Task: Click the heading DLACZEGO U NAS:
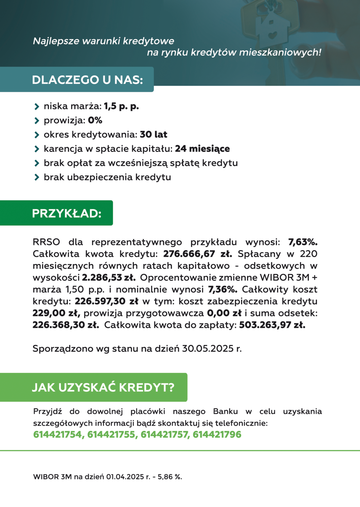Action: click(x=88, y=80)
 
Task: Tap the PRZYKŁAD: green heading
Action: click(x=67, y=214)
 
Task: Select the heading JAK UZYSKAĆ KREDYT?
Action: click(x=103, y=387)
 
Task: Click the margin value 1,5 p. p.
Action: click(x=121, y=106)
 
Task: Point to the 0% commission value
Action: click(x=95, y=120)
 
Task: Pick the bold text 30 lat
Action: click(x=153, y=135)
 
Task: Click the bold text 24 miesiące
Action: click(x=202, y=149)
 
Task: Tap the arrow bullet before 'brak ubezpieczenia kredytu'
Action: click(x=37, y=177)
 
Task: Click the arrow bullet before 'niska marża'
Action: click(x=37, y=106)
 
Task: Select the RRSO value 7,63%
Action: click(x=303, y=242)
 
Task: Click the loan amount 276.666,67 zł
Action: click(x=197, y=254)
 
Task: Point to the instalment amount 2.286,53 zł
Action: click(x=109, y=278)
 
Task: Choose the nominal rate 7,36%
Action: click(x=223, y=289)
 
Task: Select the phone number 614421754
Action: click(x=58, y=435)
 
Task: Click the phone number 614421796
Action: click(x=217, y=435)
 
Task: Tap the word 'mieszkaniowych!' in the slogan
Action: click(x=280, y=52)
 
